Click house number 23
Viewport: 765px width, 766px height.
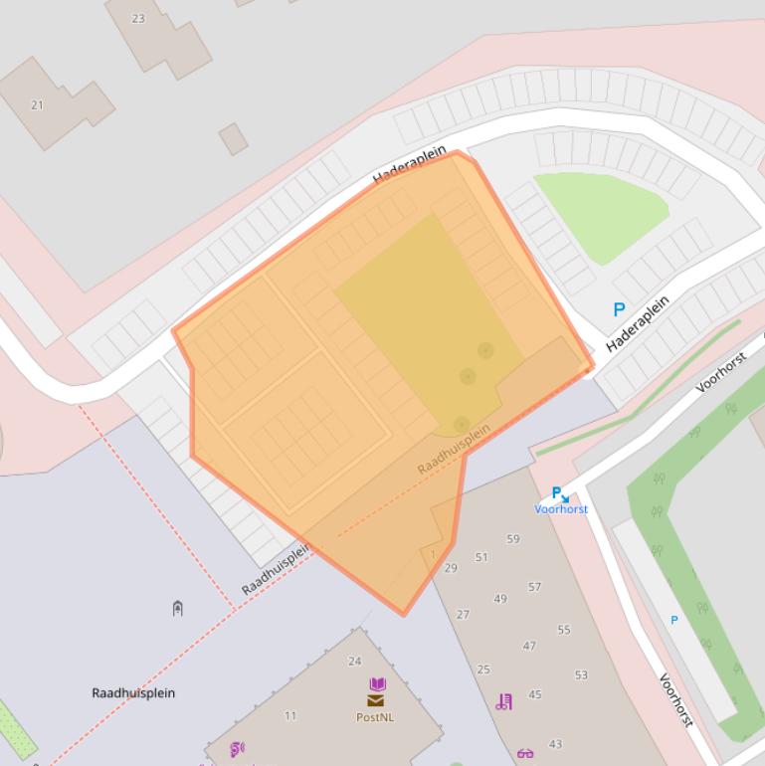click(x=137, y=18)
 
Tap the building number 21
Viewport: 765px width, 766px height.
click(x=38, y=104)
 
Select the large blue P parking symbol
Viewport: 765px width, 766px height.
click(x=619, y=310)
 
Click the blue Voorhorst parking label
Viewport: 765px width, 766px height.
click(x=561, y=508)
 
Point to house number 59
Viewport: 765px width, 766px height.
click(x=513, y=539)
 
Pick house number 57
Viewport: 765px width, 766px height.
click(x=535, y=587)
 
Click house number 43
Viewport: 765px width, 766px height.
click(x=555, y=743)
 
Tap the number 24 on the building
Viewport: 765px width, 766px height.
click(x=354, y=661)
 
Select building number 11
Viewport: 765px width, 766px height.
click(x=290, y=715)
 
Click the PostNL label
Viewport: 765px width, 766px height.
click(x=375, y=716)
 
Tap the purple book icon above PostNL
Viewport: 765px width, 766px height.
click(x=377, y=684)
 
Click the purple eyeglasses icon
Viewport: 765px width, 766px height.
click(x=525, y=753)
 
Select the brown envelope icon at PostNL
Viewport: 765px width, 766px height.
click(x=375, y=700)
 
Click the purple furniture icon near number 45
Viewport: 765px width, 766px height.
click(x=504, y=701)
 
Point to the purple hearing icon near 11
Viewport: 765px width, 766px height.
click(x=237, y=749)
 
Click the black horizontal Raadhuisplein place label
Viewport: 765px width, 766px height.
click(x=133, y=692)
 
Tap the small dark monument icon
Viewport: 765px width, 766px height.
click(x=177, y=608)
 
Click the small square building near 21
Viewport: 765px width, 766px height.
click(x=234, y=138)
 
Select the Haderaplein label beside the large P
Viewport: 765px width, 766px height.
click(x=638, y=322)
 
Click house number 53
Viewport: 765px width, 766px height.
click(x=581, y=674)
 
